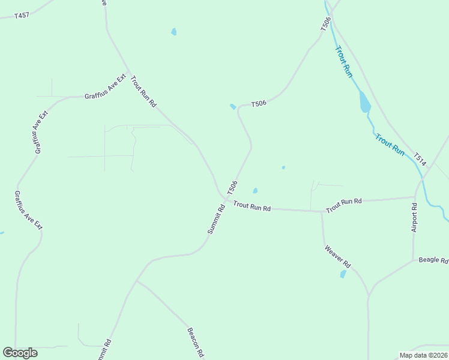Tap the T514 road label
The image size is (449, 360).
pyautogui.click(x=420, y=159)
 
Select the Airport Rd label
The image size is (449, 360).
pyautogui.click(x=414, y=217)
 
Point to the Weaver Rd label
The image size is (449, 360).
pyautogui.click(x=337, y=256)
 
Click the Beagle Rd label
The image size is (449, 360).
pyautogui.click(x=433, y=260)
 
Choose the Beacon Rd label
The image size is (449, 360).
pyautogui.click(x=196, y=342)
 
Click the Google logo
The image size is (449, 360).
pyautogui.click(x=20, y=353)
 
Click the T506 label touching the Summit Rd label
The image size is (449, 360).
pyautogui.click(x=232, y=187)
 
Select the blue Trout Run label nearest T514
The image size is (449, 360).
pyautogui.click(x=390, y=145)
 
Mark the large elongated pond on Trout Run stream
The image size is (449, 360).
pyautogui.click(x=364, y=102)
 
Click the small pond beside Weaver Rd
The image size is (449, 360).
pyautogui.click(x=343, y=274)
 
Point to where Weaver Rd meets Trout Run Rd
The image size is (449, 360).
pyautogui.click(x=322, y=212)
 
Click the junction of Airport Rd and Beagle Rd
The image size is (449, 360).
pyautogui.click(x=413, y=260)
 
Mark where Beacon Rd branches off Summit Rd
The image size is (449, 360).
pyautogui.click(x=137, y=280)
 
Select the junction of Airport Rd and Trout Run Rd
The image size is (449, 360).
pyautogui.click(x=415, y=196)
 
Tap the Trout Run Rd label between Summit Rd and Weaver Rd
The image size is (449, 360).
pyautogui.click(x=252, y=207)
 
